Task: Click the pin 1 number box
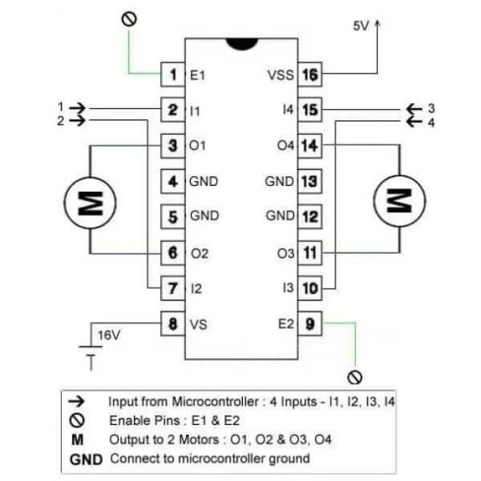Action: pos(173,75)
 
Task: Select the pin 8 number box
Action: pos(173,323)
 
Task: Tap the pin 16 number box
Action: pos(309,75)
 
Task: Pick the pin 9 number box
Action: pos(309,323)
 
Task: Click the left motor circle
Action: pos(90,198)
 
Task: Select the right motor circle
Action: pos(399,198)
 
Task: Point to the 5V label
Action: pos(362,26)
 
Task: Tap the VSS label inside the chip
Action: pos(279,76)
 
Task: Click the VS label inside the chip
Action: pos(198,323)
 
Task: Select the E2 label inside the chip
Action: pos(284,323)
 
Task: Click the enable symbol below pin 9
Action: pos(353,377)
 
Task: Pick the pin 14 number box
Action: pos(309,145)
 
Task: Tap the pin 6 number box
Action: pos(173,253)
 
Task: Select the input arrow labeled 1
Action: pos(77,106)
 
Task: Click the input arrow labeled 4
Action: pos(414,122)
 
